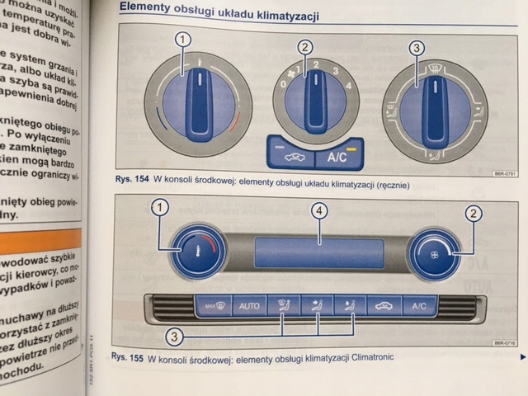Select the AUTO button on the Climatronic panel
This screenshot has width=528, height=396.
coord(248,306)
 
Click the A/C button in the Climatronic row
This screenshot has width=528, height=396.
coord(419,306)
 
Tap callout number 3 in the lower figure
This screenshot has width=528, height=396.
coord(174,336)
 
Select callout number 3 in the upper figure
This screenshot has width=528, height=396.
coord(417,48)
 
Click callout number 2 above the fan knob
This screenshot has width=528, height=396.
coord(305,47)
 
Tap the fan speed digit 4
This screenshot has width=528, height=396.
coord(349,86)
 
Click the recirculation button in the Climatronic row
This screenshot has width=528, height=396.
coord(384,306)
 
